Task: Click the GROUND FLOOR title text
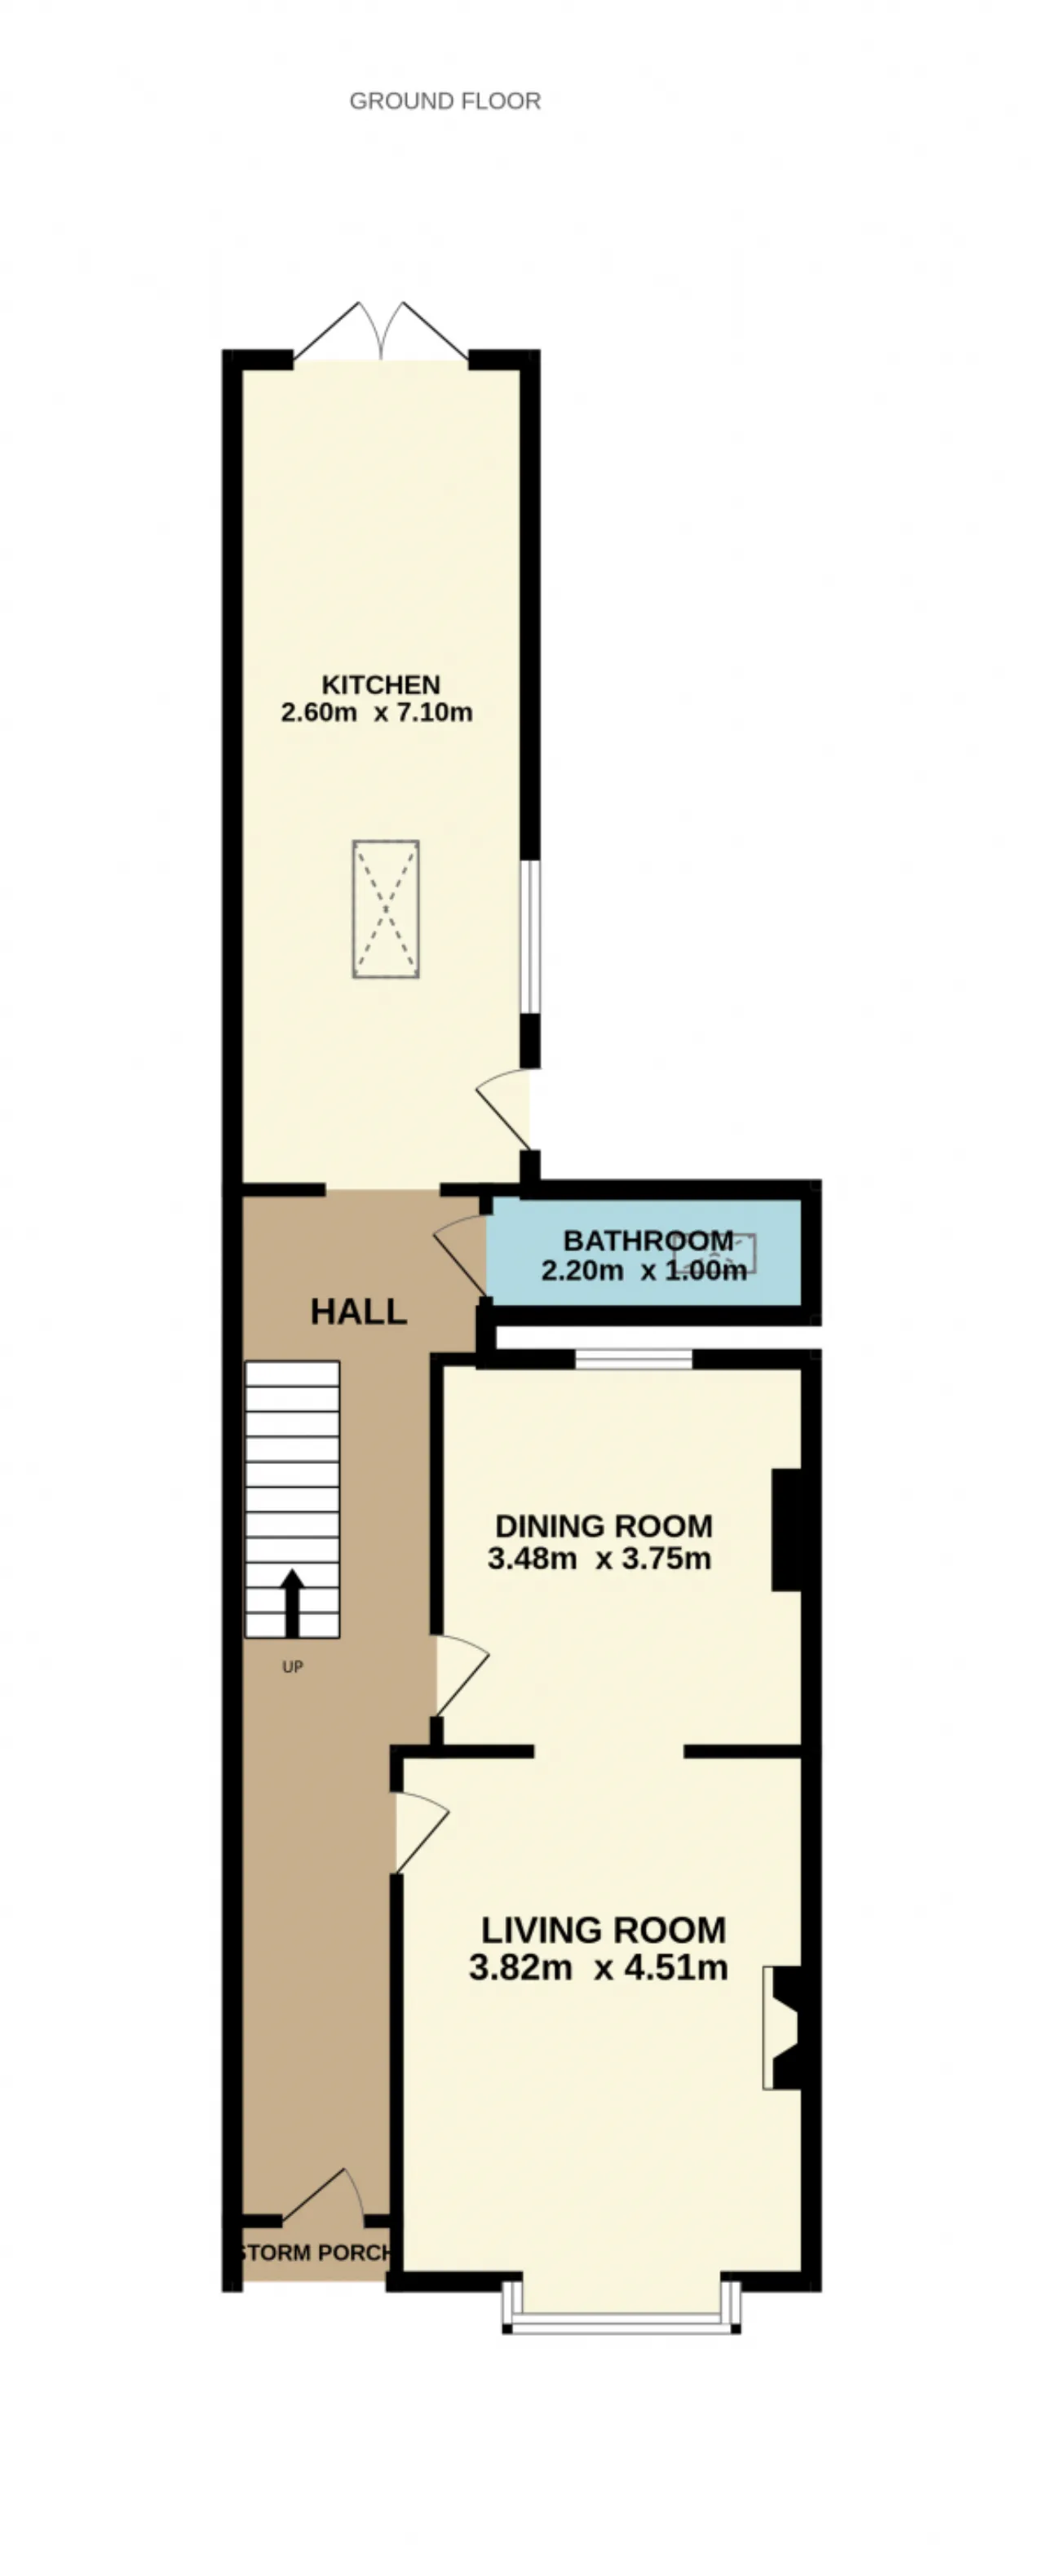[445, 101]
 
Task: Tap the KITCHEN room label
[381, 684]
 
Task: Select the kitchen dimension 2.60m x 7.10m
[377, 712]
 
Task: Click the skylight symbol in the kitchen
[386, 909]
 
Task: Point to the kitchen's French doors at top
[381, 331]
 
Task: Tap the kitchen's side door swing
[504, 1108]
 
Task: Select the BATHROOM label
[648, 1240]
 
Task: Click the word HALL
[358, 1312]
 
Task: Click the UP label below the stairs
[292, 1666]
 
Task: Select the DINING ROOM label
[604, 1526]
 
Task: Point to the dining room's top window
[633, 1358]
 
